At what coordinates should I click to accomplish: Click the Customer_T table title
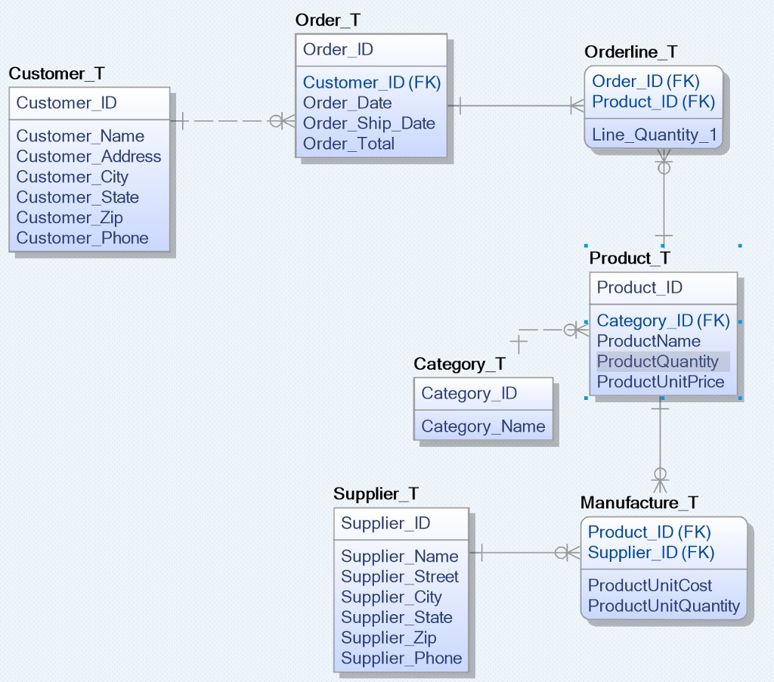(57, 73)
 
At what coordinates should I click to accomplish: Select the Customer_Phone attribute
(82, 238)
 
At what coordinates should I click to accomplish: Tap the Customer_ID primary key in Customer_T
(67, 103)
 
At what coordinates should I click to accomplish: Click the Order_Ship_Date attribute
(369, 123)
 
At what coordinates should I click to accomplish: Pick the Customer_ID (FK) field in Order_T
(371, 82)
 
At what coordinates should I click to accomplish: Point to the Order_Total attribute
(348, 144)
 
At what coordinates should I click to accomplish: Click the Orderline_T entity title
(631, 52)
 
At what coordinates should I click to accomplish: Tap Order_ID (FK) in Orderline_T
(646, 81)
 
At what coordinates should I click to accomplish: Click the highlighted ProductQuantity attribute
(658, 361)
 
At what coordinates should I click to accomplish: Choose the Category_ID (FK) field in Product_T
(663, 321)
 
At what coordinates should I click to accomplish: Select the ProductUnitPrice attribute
(661, 382)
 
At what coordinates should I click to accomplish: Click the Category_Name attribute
(483, 426)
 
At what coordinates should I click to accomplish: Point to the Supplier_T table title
(376, 494)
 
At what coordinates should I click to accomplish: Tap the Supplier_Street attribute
(399, 577)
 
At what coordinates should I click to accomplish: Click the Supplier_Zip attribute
(389, 638)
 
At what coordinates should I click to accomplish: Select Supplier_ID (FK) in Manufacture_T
(651, 553)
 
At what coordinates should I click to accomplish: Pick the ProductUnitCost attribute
(650, 585)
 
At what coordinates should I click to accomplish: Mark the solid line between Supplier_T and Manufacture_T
(522, 553)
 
